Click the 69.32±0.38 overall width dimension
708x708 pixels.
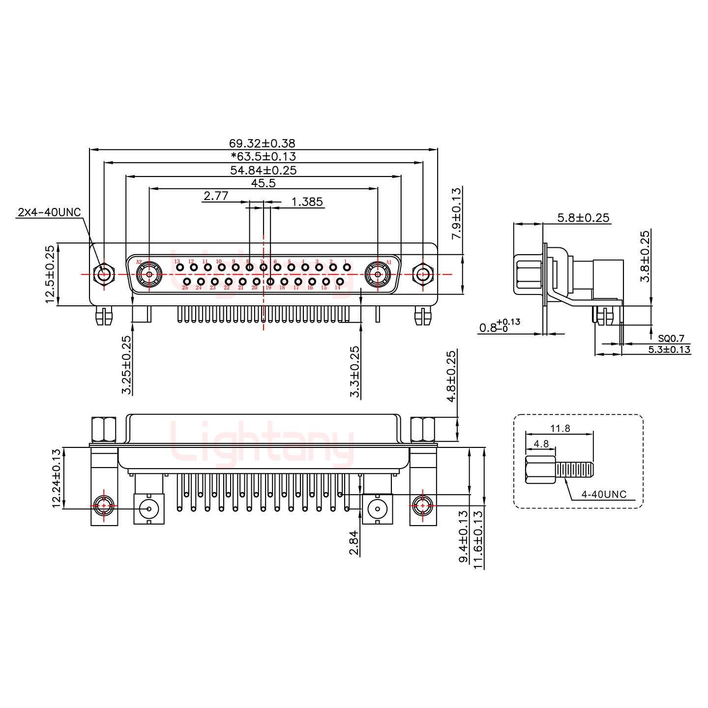(x=262, y=143)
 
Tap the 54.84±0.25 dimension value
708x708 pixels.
(x=263, y=170)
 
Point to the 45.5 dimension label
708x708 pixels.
(x=263, y=183)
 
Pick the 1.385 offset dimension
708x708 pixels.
(x=307, y=202)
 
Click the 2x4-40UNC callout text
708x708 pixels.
(x=49, y=212)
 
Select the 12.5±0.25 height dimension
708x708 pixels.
(x=50, y=275)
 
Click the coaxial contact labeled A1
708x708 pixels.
(x=378, y=274)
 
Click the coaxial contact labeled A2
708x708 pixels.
(x=148, y=274)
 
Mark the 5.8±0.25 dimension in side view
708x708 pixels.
(x=583, y=217)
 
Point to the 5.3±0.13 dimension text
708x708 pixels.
(x=669, y=350)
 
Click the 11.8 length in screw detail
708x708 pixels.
(x=560, y=428)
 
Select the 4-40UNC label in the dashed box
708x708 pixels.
(x=604, y=494)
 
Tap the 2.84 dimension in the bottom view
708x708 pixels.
(x=354, y=544)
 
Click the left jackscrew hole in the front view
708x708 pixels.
(x=103, y=274)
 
